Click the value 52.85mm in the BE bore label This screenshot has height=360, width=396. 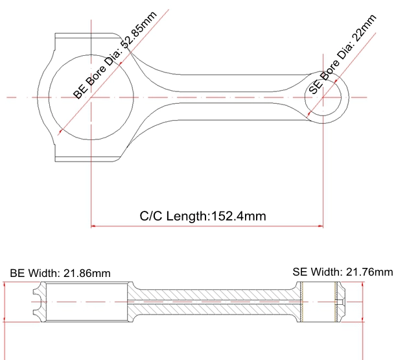139,30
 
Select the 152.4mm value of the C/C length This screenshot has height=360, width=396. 239,216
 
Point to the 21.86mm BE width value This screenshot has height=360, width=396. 87,273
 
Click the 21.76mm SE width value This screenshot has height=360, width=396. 369,272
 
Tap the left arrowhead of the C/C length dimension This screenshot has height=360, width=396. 93,226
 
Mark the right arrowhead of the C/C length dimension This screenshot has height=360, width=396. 321,226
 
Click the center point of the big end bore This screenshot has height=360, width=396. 91,97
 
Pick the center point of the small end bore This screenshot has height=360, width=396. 323,97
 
